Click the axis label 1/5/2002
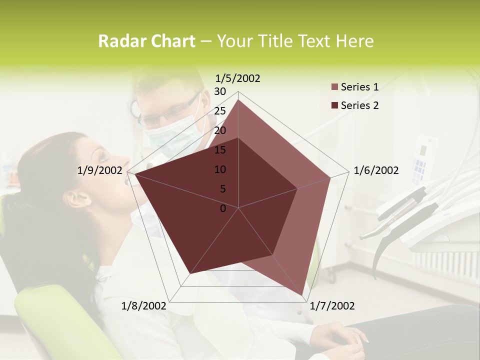pos(237,78)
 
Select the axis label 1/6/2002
pos(376,170)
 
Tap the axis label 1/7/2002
pos(332,306)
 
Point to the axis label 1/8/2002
pos(143,306)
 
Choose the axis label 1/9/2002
pos(100,170)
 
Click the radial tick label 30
pos(220,91)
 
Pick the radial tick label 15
pos(220,150)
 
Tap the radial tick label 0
pos(223,208)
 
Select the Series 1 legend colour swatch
pos(335,87)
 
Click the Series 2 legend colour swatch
pos(335,105)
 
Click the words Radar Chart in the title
pos(146,41)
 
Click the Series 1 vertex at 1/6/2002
pos(330,177)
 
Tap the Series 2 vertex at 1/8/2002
pos(189,273)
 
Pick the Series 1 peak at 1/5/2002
pos(238,100)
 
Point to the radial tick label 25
pos(220,111)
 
